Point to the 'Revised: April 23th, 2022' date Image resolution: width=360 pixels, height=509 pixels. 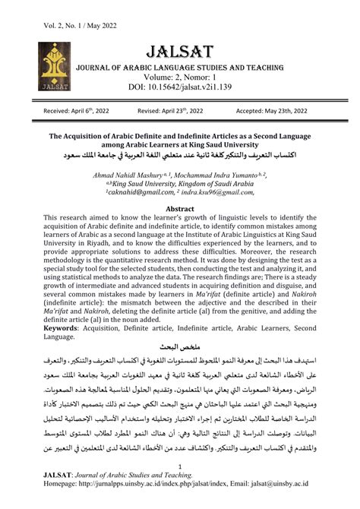172,111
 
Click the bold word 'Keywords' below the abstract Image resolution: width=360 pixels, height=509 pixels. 46,329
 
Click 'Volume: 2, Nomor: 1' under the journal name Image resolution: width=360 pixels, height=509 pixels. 191,77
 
